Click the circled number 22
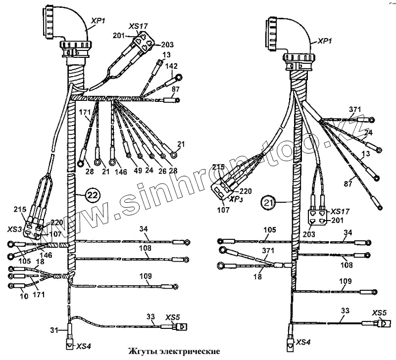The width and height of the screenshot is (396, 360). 93,195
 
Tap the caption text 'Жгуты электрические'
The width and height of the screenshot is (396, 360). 174,352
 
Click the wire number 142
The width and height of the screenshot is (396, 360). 171,65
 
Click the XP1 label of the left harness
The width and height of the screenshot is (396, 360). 97,21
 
